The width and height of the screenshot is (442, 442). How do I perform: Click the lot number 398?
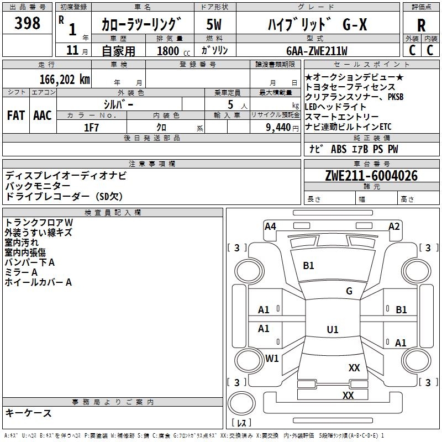pos(28,23)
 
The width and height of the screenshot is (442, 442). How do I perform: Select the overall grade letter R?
pos(421,25)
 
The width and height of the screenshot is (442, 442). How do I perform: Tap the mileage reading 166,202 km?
pos(65,78)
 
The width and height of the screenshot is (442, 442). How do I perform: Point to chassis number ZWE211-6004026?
pos(371,176)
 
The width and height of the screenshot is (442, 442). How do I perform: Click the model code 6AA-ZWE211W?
pos(317,51)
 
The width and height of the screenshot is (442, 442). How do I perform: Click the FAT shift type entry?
pos(15,115)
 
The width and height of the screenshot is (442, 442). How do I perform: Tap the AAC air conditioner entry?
pos(42,115)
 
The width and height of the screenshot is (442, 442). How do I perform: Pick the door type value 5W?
pos(214,24)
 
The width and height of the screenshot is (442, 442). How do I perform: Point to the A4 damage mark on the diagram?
pos(270,226)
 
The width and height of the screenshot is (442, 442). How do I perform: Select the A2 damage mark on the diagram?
pos(394,226)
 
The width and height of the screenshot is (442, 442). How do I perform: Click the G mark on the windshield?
pos(349,291)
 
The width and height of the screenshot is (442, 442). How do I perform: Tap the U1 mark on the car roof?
pos(332,330)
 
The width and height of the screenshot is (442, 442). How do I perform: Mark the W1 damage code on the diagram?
pos(272,358)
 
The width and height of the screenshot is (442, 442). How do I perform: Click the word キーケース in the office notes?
pos(28,413)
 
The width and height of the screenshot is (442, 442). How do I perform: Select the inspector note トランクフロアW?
pos(39,223)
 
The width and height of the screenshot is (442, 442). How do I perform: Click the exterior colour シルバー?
pos(118,104)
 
